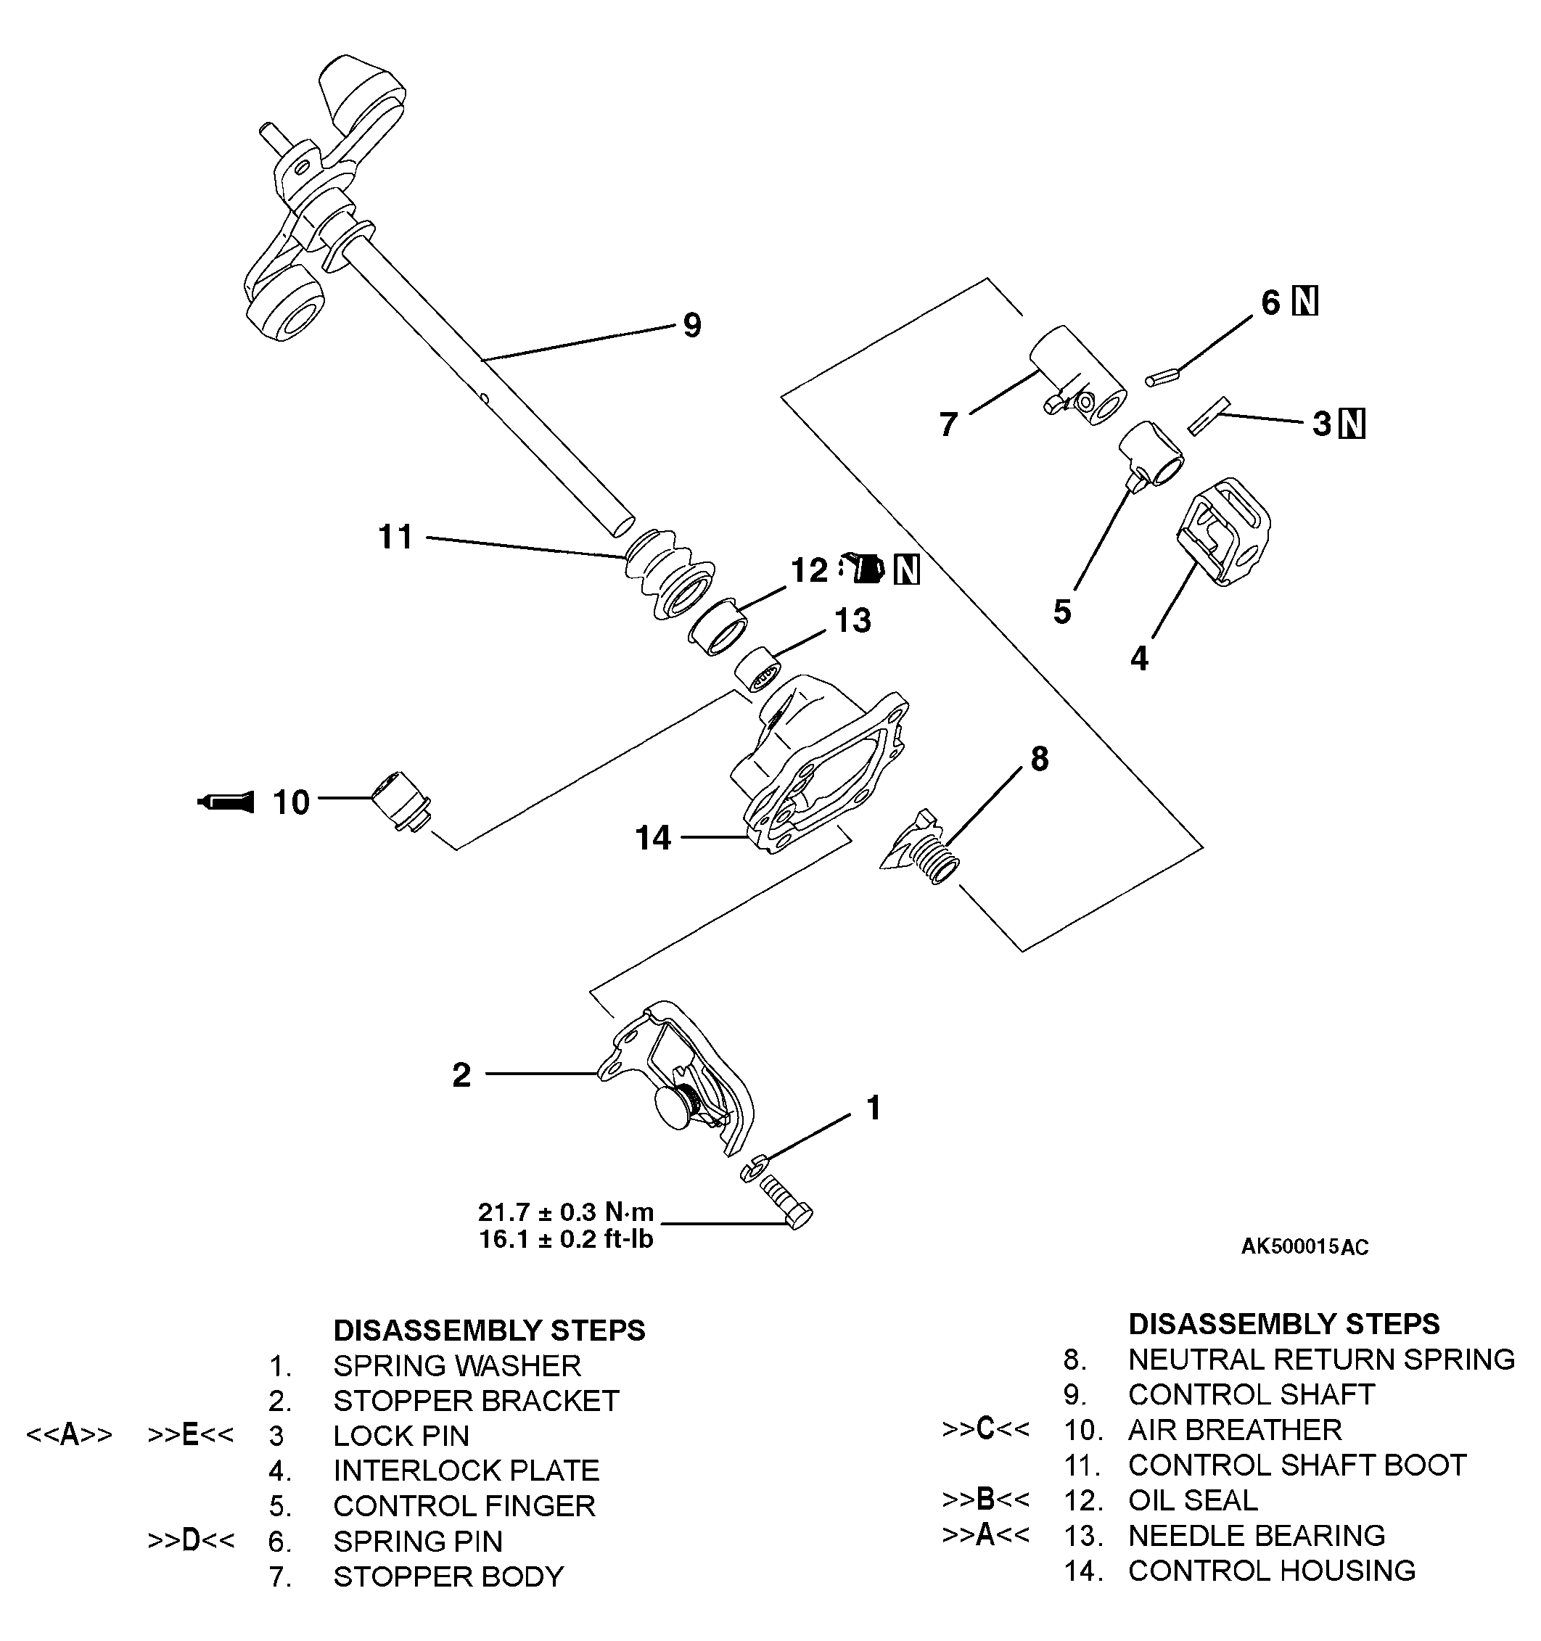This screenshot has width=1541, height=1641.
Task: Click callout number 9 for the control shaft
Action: point(691,325)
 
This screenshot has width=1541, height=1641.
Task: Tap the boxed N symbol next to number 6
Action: point(1305,301)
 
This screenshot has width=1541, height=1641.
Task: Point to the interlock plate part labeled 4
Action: point(1225,531)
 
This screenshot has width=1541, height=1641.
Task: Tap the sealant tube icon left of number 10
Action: point(226,801)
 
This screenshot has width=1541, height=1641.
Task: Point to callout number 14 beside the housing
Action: point(653,838)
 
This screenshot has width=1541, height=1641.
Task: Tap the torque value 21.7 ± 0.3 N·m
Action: point(566,1211)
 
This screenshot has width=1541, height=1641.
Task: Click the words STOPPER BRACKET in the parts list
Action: point(475,1401)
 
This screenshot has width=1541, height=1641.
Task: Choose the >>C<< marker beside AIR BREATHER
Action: point(985,1429)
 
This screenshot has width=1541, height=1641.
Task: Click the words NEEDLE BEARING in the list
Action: point(1257,1535)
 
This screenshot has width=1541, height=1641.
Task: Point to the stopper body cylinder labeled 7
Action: point(1078,377)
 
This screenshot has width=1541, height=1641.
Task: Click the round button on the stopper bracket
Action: point(677,1106)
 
